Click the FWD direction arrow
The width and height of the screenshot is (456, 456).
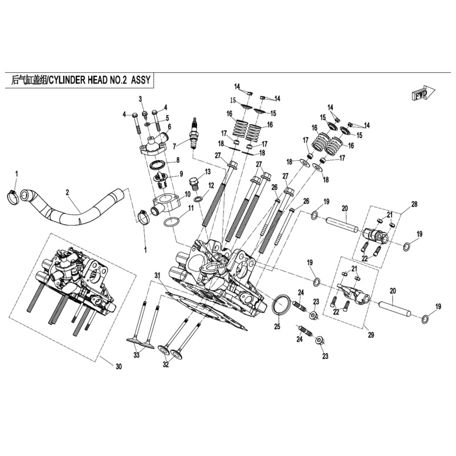pos(423,93)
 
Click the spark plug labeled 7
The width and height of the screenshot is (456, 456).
pos(193,133)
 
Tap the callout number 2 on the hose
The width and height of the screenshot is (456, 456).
pos(67,192)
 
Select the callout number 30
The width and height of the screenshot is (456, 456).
pos(119,367)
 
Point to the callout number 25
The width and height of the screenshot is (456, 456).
pos(277,327)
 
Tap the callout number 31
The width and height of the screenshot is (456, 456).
pos(157,275)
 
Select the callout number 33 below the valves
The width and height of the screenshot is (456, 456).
pos(136,355)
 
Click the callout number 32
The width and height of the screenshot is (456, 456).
pos(165,365)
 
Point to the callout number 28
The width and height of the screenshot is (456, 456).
pos(414,204)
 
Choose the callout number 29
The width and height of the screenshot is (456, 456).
pos(371,335)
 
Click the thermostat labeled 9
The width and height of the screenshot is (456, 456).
pos(160,181)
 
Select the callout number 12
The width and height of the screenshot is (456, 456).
pos(211,185)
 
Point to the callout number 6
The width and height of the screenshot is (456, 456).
pos(169,126)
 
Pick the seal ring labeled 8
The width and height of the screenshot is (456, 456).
pos(157,165)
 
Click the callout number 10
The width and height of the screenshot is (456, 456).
pos(188,194)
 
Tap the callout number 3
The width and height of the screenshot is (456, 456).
pos(140,99)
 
